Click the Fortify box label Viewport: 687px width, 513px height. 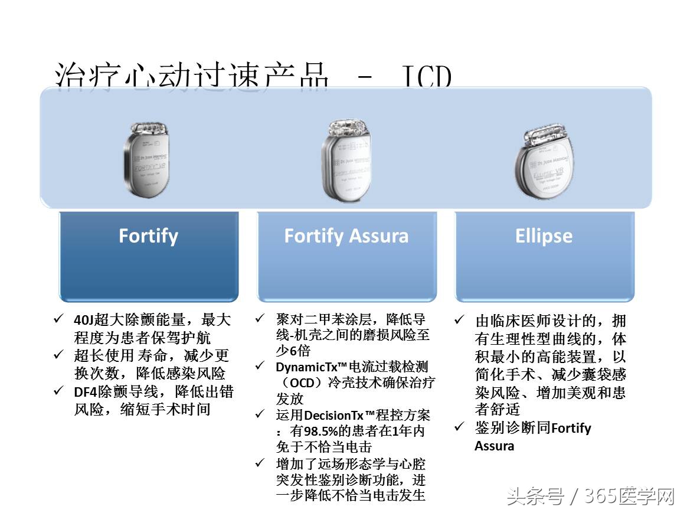click(x=148, y=236)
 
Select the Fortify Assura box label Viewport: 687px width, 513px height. click(x=346, y=236)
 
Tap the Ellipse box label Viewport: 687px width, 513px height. click(x=544, y=236)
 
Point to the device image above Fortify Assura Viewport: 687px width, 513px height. click(x=346, y=159)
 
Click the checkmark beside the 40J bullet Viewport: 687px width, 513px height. click(x=58, y=319)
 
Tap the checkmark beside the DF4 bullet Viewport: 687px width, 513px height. click(x=58, y=390)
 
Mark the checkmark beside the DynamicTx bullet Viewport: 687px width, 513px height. click(x=260, y=366)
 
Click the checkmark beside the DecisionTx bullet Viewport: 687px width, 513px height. click(x=260, y=414)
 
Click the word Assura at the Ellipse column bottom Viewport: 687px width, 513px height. click(x=494, y=446)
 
